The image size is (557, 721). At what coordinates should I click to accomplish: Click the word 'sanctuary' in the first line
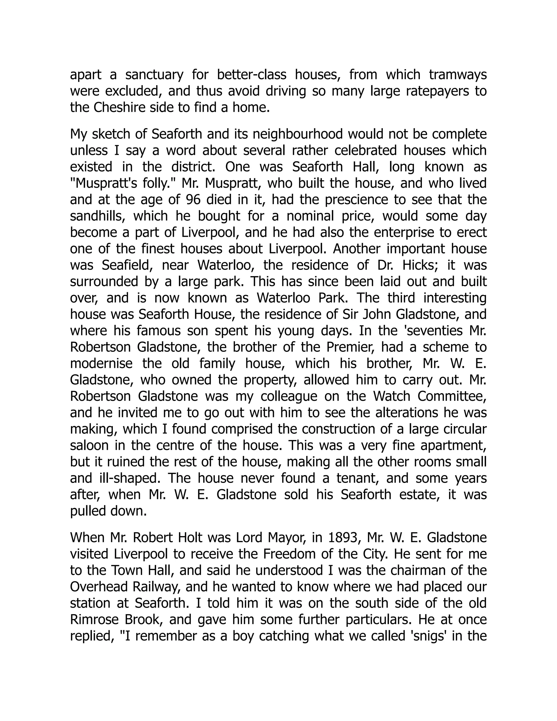point(154,75)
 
